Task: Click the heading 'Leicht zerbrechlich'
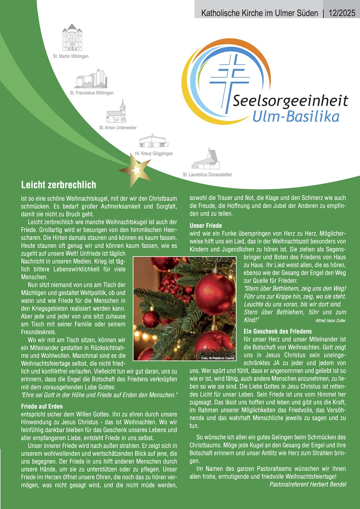(x=59, y=185)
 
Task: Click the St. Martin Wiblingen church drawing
(x=71, y=38)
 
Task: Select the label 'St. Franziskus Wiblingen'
(x=92, y=92)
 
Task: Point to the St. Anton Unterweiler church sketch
(x=117, y=112)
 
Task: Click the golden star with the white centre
(x=136, y=169)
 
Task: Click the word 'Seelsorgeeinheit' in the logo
(x=290, y=101)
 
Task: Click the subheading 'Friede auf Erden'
(x=42, y=406)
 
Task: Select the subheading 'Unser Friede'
(x=205, y=226)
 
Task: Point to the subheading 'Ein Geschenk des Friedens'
(x=278, y=331)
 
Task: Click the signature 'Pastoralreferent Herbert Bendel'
(x=308, y=484)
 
